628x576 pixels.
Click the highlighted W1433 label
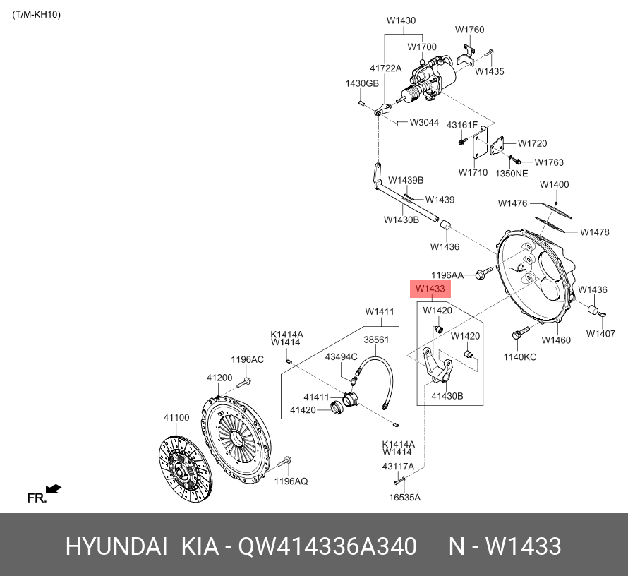tap(430, 289)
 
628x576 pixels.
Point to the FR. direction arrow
tap(53, 488)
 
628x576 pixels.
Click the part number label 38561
tap(376, 340)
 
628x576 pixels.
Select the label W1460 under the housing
tap(556, 340)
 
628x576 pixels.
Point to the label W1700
tap(422, 47)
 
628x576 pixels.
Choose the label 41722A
tap(385, 68)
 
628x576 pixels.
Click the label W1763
tap(549, 162)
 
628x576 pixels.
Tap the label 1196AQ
tap(291, 481)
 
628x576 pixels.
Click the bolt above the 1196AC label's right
tap(245, 383)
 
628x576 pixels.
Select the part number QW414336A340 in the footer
tap(327, 546)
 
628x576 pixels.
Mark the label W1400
tap(554, 185)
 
